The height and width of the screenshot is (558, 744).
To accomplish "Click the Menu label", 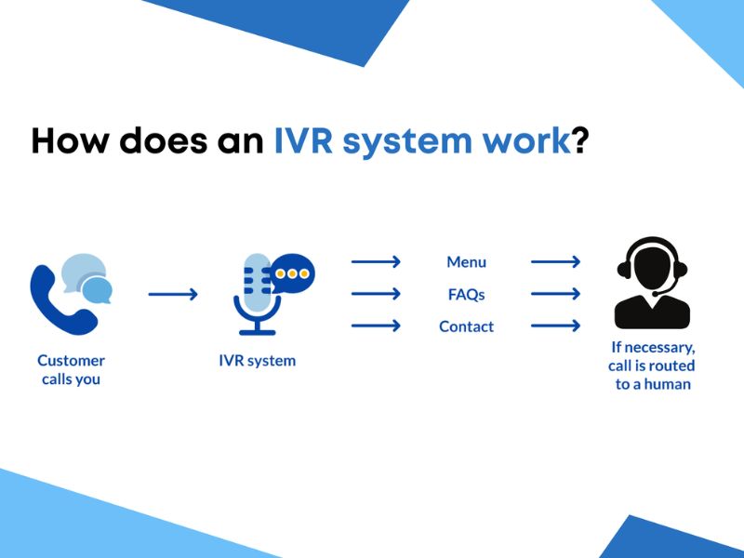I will (x=466, y=262).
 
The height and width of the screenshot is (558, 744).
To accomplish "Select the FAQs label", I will (x=466, y=294).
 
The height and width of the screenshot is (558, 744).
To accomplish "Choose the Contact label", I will (x=466, y=326).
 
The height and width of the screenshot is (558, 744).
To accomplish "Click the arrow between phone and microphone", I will (x=173, y=295).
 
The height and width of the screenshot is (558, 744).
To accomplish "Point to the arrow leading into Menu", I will (x=376, y=262).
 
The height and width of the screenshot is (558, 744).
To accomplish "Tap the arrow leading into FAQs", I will (x=376, y=294).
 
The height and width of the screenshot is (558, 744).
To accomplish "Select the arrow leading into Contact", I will (x=376, y=325).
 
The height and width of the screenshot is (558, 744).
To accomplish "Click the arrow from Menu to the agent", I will (x=555, y=262).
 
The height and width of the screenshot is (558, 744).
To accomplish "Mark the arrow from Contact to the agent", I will (x=555, y=325).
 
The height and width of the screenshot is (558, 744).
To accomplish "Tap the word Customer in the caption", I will (x=71, y=361).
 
